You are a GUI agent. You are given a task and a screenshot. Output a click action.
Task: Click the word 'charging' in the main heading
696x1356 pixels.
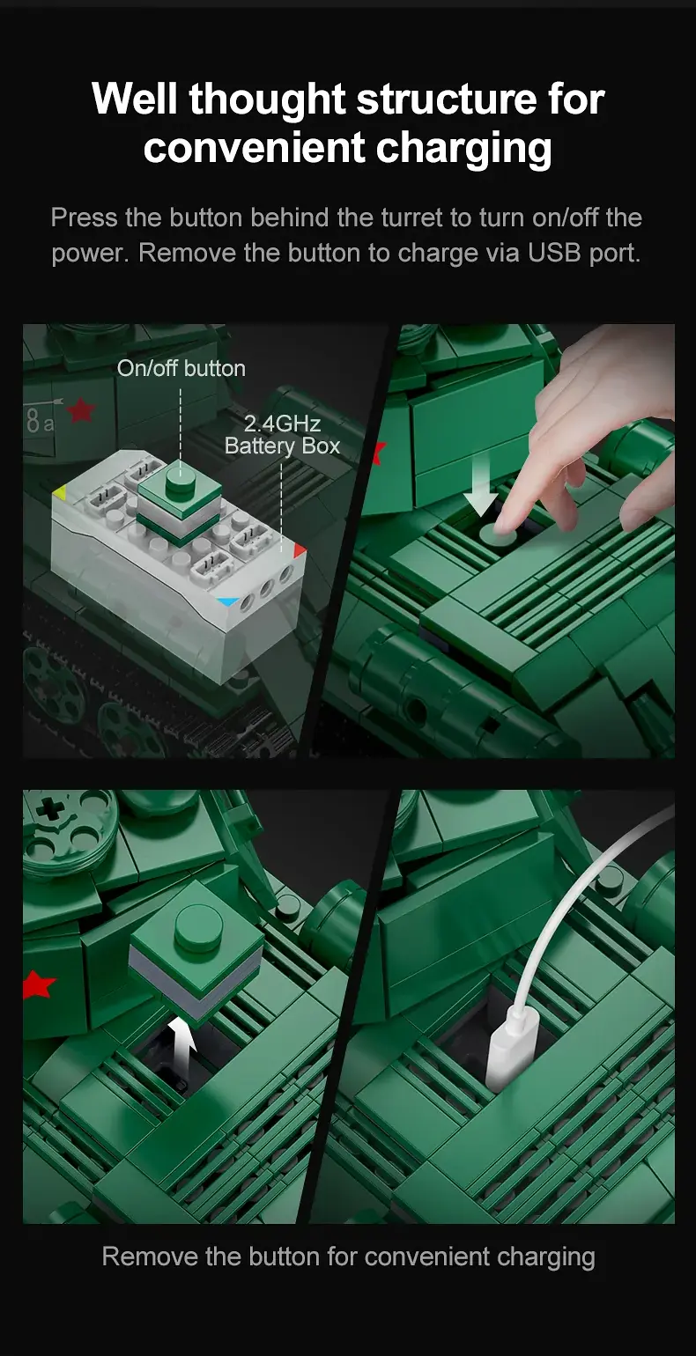463,149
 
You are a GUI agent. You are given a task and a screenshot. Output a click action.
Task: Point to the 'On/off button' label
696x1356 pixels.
181,368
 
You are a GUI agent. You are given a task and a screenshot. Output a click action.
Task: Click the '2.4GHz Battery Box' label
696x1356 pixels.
282,435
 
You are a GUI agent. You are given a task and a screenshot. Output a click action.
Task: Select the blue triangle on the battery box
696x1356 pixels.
228,601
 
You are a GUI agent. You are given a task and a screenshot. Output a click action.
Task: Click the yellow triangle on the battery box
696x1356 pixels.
59,492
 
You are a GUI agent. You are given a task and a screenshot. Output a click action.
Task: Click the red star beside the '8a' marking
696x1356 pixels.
80,410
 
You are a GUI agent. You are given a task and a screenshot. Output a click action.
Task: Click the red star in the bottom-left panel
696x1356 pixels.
38,984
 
